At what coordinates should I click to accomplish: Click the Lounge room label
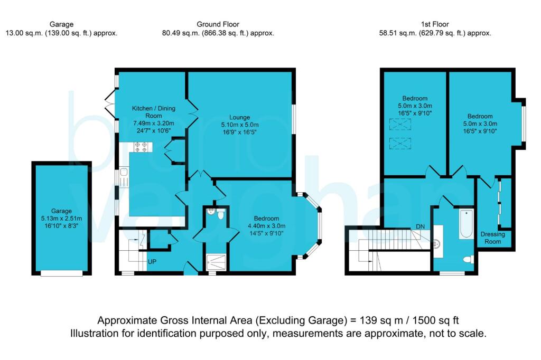239,117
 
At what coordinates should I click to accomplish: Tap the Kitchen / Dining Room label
154,112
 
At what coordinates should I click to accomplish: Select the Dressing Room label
493,238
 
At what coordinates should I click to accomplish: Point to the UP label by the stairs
152,262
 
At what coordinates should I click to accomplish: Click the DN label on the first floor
420,226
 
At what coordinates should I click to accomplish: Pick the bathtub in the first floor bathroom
466,224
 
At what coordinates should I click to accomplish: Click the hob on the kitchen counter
143,147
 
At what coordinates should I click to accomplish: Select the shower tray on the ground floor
216,262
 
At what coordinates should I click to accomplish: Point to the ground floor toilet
221,214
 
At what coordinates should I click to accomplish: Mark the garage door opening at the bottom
61,273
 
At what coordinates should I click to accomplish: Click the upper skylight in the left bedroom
400,124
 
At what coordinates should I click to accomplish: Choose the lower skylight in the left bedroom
400,144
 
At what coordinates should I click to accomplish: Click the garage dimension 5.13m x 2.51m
61,219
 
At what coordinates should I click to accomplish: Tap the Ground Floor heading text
218,24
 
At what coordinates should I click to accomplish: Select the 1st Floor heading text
435,24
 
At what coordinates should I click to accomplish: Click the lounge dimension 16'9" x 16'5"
239,132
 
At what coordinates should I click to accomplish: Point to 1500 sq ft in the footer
436,320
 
